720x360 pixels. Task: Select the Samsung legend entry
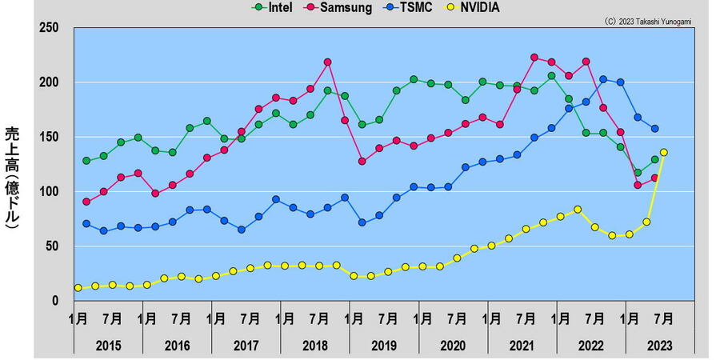pyautogui.click(x=341, y=8)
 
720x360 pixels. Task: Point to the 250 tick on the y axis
pyautogui.click(x=50, y=28)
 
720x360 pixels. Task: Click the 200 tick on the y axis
pyautogui.click(x=50, y=82)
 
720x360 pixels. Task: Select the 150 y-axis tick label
pyautogui.click(x=50, y=137)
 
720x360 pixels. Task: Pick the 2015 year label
pyautogui.click(x=108, y=345)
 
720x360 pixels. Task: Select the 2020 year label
pyautogui.click(x=452, y=345)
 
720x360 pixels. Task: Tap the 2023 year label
pyautogui.click(x=659, y=345)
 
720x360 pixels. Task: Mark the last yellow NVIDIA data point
pyautogui.click(x=664, y=152)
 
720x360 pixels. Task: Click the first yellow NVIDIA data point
pyautogui.click(x=78, y=288)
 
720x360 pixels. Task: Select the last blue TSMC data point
pyautogui.click(x=655, y=129)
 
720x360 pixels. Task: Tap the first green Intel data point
pyautogui.click(x=86, y=161)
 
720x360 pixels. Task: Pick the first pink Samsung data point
pyautogui.click(x=86, y=202)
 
